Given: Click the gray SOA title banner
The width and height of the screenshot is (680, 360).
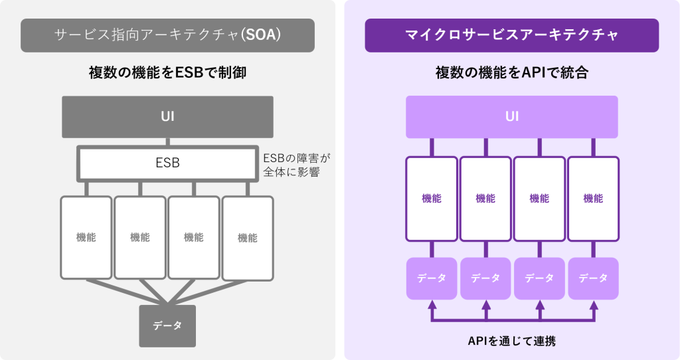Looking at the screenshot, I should [x=167, y=35].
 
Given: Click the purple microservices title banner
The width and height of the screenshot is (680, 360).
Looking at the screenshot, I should [x=511, y=35].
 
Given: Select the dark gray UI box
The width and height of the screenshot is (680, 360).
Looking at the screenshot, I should [x=167, y=118].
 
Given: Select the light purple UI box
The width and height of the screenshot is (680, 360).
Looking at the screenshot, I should [x=511, y=117].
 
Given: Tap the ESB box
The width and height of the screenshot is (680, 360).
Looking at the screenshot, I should [x=167, y=163].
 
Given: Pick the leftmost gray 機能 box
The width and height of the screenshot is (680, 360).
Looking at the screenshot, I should [x=86, y=237].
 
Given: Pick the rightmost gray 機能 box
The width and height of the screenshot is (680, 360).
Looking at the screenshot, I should [x=247, y=237].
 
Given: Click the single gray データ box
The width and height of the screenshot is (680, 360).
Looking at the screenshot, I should [x=167, y=325].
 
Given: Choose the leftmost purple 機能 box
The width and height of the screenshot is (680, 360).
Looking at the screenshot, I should [x=432, y=199].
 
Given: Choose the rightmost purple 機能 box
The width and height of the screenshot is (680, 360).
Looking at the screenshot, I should [x=593, y=199].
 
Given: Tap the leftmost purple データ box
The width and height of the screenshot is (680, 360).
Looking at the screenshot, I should [x=432, y=278].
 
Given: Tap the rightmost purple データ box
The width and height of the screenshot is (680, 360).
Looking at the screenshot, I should [x=593, y=278].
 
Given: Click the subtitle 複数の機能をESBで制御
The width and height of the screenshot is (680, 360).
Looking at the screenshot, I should [x=167, y=73].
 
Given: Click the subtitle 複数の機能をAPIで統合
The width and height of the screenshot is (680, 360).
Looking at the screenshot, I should [x=511, y=73].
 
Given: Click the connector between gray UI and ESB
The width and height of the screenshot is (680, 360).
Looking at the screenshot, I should [x=167, y=141].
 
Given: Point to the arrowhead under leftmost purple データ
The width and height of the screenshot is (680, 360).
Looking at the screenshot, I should [x=432, y=305].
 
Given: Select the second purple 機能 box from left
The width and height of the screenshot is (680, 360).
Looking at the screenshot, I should [x=485, y=199].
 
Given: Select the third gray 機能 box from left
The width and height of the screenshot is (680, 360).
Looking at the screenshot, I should [x=193, y=237].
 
